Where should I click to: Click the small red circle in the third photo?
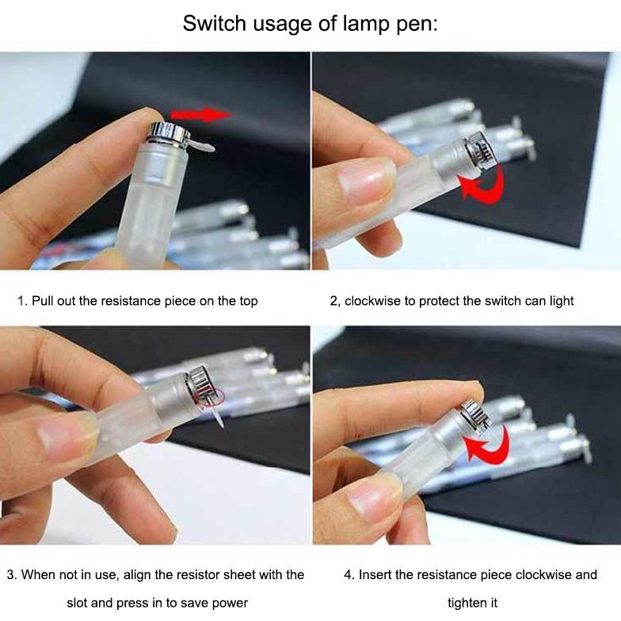tap(215, 394)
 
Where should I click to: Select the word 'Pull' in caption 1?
tap(44, 301)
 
